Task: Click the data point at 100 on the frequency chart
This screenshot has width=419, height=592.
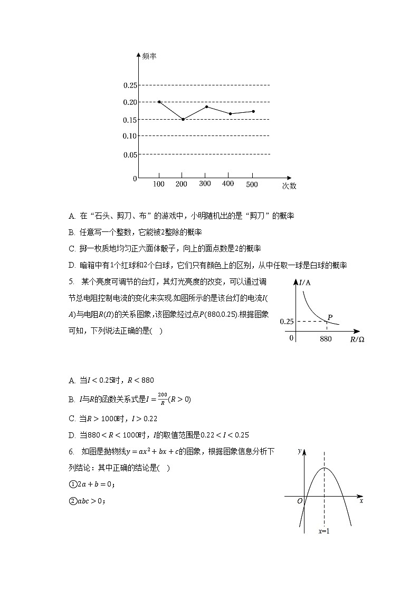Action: pyautogui.click(x=159, y=102)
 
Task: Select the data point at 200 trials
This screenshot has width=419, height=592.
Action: pyautogui.click(x=183, y=119)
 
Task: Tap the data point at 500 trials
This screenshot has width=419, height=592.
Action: pyautogui.click(x=254, y=111)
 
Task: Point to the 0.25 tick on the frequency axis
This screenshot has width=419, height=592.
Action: pyautogui.click(x=130, y=85)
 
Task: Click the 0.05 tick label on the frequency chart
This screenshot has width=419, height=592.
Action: pyautogui.click(x=130, y=154)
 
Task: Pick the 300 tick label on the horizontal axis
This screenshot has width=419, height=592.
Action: pyautogui.click(x=205, y=183)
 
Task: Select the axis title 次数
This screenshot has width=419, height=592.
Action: pyautogui.click(x=289, y=186)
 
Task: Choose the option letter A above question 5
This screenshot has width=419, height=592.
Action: pyautogui.click(x=72, y=216)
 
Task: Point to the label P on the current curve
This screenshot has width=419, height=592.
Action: pyautogui.click(x=330, y=317)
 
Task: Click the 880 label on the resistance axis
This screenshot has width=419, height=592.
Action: pyautogui.click(x=326, y=339)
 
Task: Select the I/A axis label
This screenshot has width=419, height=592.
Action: pyautogui.click(x=304, y=283)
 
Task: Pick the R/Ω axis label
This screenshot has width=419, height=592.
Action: pyautogui.click(x=357, y=339)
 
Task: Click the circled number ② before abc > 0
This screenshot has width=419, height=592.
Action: pyautogui.click(x=73, y=501)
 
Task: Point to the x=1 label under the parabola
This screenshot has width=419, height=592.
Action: pyautogui.click(x=324, y=531)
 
